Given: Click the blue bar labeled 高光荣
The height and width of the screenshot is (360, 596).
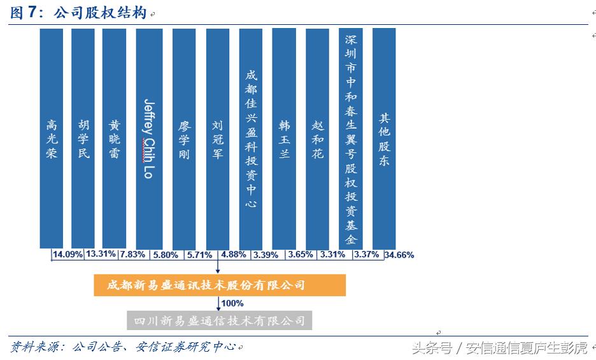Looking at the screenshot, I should coord(51,138).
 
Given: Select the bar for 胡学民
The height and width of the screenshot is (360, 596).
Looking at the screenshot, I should coord(83,138).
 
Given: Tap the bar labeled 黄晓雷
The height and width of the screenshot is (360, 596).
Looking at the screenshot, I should coord(114,138).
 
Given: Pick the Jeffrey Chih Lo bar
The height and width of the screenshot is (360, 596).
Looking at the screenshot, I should coord(149,138).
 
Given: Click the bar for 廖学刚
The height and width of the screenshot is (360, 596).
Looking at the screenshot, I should coord(184,138).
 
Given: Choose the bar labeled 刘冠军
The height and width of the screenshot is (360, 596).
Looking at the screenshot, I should coord(218,138).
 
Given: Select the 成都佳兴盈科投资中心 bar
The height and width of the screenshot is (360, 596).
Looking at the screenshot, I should coord(251,138).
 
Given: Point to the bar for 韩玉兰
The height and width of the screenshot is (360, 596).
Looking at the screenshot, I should coord(284,138).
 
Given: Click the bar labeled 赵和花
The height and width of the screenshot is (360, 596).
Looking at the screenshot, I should coord(318,138).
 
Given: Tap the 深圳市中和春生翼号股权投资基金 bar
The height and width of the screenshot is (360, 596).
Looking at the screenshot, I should coord(351,138).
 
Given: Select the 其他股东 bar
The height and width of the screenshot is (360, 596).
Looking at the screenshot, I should coord(384,138).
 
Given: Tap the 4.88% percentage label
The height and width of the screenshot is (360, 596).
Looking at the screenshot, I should coord(234,254).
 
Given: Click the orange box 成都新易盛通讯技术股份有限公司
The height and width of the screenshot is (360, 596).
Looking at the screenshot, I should coord(219,285).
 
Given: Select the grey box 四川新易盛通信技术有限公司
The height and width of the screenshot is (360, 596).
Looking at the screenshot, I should coord(219,320).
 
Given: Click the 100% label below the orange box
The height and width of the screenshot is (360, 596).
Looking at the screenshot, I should coord(232,303).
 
